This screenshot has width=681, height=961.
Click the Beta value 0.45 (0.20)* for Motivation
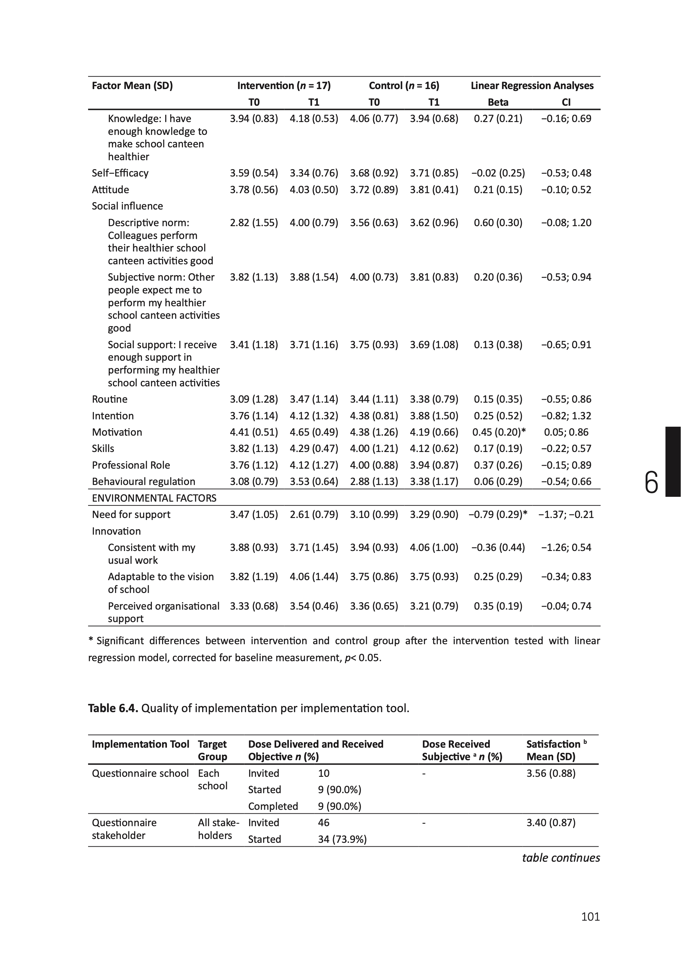499,432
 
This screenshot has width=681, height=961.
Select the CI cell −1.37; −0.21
566,514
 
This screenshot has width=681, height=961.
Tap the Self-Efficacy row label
120,173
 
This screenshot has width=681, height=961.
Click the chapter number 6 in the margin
651,483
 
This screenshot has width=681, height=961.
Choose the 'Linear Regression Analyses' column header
532,86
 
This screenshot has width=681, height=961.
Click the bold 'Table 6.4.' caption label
113,708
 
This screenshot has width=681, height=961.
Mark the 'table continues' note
561,858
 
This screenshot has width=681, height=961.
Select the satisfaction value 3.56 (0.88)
551,773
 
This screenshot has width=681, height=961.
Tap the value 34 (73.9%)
342,839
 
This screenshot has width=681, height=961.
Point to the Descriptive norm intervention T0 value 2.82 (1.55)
254,223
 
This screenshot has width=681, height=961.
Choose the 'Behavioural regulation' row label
144,482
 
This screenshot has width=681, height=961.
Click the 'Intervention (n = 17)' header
284,86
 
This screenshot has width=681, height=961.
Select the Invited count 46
323,823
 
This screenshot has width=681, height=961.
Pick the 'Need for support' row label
131,514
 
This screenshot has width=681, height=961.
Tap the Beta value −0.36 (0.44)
498,547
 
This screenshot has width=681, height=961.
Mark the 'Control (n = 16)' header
404,86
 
